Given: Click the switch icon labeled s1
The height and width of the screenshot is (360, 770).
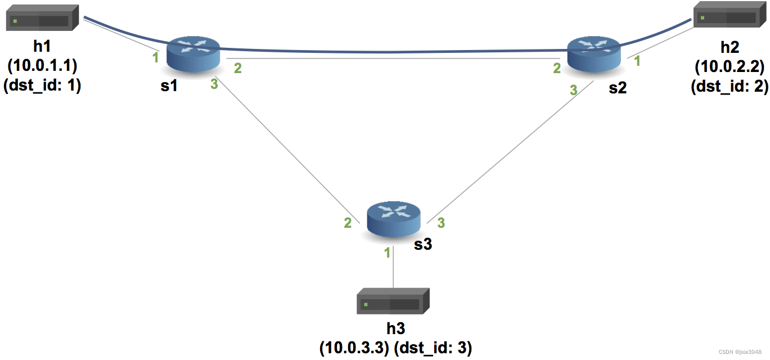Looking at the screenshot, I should pyautogui.click(x=194, y=54).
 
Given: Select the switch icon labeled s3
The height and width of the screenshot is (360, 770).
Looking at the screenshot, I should pyautogui.click(x=394, y=219).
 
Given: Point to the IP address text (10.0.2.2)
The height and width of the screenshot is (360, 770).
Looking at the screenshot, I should pyautogui.click(x=730, y=67).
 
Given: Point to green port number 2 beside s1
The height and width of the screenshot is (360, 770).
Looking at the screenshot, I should pyautogui.click(x=238, y=69).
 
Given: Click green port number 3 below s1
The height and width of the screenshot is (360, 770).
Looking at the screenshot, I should pyautogui.click(x=214, y=85).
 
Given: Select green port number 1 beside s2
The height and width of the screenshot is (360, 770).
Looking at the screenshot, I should pyautogui.click(x=637, y=61).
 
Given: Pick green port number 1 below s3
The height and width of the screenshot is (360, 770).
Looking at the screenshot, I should pyautogui.click(x=387, y=253).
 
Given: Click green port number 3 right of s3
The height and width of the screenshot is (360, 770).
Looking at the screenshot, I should pyautogui.click(x=442, y=223).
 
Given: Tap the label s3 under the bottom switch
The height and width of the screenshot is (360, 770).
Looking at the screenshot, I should pyautogui.click(x=423, y=244).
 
